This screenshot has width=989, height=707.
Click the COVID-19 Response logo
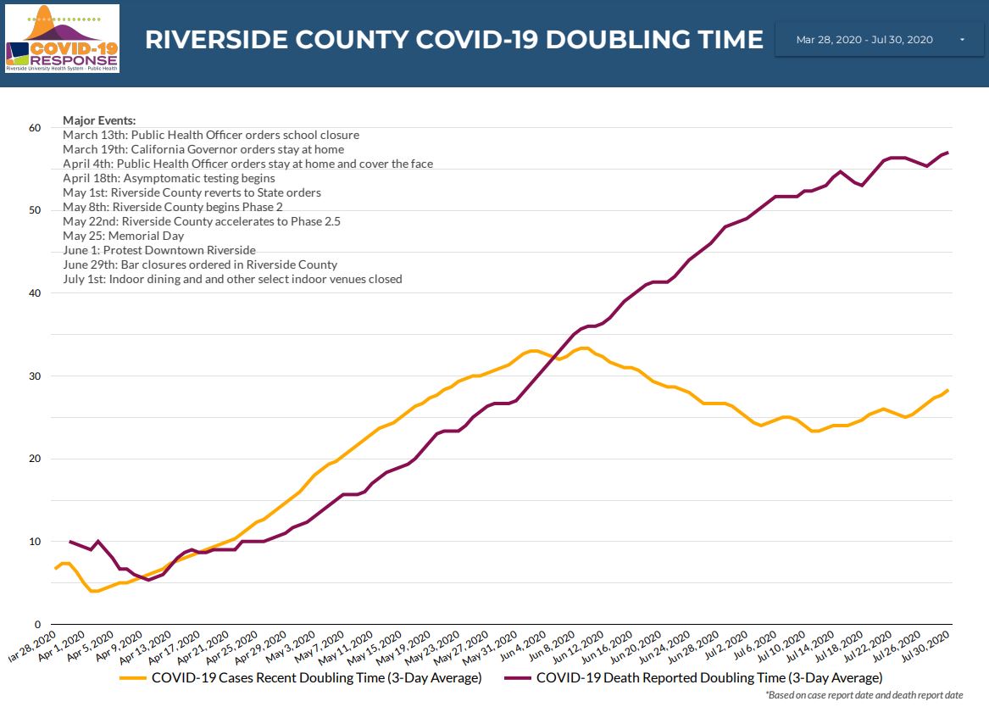click(62, 38)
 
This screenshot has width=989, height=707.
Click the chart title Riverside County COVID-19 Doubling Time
click(454, 40)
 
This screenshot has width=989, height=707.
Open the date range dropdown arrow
click(962, 40)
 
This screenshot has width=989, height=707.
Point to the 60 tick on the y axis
click(34, 128)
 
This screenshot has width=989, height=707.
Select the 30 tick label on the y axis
click(34, 376)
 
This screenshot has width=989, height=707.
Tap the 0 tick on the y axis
click(37, 625)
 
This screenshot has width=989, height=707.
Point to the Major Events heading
click(99, 120)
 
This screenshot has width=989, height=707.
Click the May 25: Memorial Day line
click(123, 236)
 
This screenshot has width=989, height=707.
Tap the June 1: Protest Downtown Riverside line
click(159, 250)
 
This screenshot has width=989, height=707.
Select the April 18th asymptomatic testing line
click(169, 178)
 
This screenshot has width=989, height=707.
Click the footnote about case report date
click(864, 695)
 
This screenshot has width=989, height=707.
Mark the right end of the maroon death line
click(947, 153)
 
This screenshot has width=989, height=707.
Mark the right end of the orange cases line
click(947, 390)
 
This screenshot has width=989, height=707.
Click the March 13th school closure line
click(211, 135)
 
